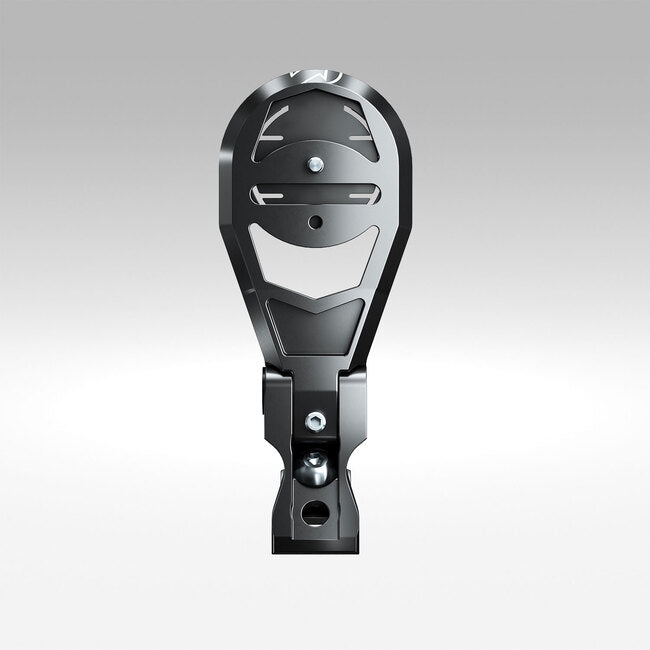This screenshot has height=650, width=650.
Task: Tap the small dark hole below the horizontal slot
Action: click(316, 221)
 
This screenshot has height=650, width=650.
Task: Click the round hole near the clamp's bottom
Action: click(315, 511)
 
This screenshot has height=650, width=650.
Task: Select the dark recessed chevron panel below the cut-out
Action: click(316, 325)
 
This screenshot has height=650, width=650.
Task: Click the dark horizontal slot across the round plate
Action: click(316, 190)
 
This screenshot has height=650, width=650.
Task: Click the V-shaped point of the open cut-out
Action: click(316, 298)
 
